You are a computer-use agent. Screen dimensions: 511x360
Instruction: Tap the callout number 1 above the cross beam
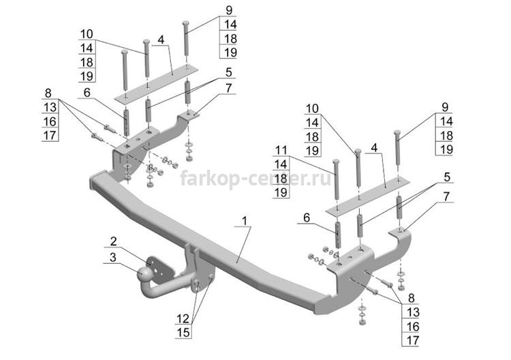pyautogui.click(x=245, y=220)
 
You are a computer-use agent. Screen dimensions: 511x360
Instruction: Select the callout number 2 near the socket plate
pyautogui.click(x=113, y=241)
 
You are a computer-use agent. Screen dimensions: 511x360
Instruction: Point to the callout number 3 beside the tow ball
pyautogui.click(x=112, y=257)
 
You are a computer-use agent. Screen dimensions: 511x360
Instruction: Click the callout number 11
pyautogui.click(x=281, y=150)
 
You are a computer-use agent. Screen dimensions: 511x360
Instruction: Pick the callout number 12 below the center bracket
pyautogui.click(x=183, y=318)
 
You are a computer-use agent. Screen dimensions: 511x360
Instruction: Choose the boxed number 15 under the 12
pyautogui.click(x=183, y=332)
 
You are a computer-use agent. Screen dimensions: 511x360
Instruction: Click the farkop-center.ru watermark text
pyautogui.click(x=255, y=179)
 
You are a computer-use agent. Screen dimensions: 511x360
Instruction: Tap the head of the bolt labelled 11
pyautogui.click(x=336, y=162)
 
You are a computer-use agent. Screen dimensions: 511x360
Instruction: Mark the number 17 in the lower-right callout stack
pyautogui.click(x=412, y=340)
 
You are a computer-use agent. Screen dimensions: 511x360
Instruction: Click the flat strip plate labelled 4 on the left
pyautogui.click(x=157, y=85)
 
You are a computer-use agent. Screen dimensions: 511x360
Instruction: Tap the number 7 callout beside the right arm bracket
pyautogui.click(x=446, y=196)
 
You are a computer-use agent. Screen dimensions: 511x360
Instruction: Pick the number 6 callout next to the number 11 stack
pyautogui.click(x=307, y=217)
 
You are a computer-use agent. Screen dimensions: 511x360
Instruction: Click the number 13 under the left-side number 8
pyautogui.click(x=50, y=107)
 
